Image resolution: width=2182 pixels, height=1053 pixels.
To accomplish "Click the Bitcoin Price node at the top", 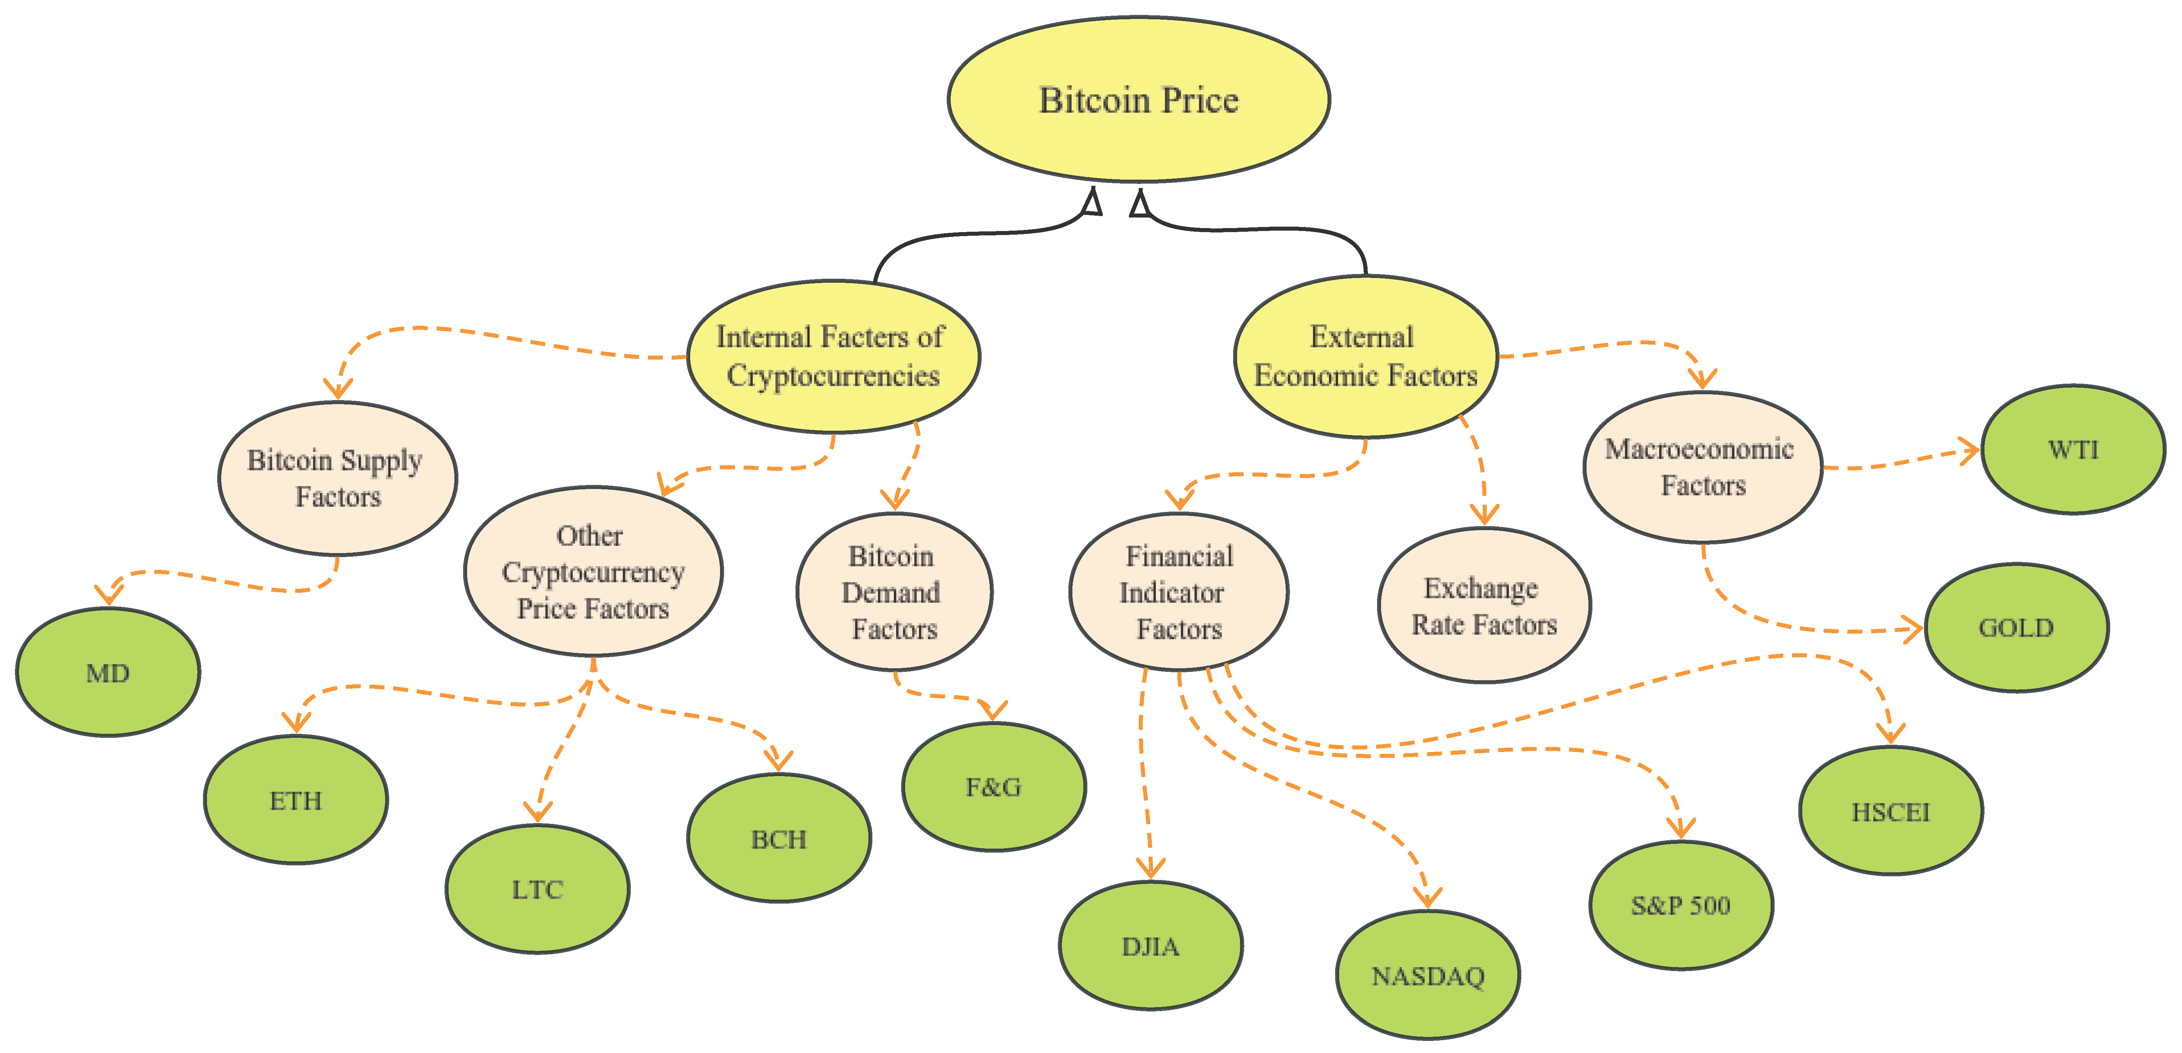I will click(1138, 100).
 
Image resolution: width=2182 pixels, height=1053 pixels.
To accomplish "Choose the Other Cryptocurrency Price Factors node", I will click(593, 571).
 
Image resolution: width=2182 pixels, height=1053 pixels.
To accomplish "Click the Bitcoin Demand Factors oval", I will click(893, 592).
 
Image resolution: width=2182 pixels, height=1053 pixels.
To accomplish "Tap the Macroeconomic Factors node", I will click(1702, 467).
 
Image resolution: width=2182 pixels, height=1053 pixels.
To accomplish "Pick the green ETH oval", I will click(296, 800).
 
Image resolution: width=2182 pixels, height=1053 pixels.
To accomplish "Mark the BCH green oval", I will click(778, 839).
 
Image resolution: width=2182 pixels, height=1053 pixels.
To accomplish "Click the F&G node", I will click(994, 787).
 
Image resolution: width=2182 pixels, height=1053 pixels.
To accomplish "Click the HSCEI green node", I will click(1890, 811).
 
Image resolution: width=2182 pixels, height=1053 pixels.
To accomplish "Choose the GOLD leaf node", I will click(2016, 628).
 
